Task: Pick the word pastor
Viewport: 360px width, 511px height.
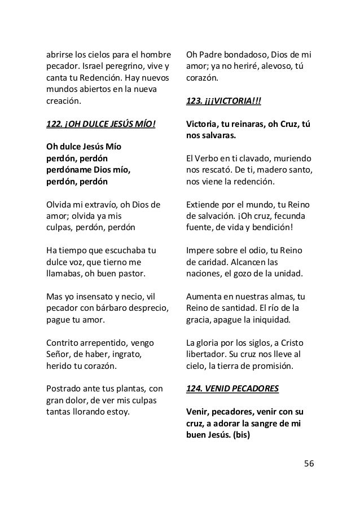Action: pyautogui.click(x=129, y=274)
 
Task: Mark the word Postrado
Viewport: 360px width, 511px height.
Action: pyautogui.click(x=64, y=389)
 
